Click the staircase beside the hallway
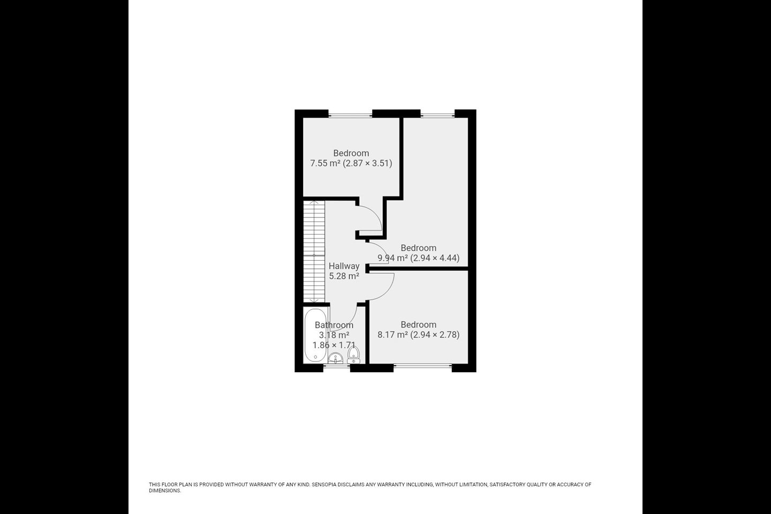point(314,252)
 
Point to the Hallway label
point(344,266)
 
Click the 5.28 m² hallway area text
point(344,276)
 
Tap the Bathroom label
point(334,325)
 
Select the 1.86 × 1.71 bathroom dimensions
point(334,345)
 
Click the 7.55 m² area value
point(326,163)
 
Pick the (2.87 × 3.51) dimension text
point(368,163)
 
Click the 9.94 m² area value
point(393,258)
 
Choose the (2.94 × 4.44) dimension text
point(435,258)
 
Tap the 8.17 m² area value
point(393,335)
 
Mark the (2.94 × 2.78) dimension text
point(435,335)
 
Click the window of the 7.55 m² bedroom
point(350,114)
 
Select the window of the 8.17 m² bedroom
point(423,367)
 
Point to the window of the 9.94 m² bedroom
point(437,114)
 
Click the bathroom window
point(336,368)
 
